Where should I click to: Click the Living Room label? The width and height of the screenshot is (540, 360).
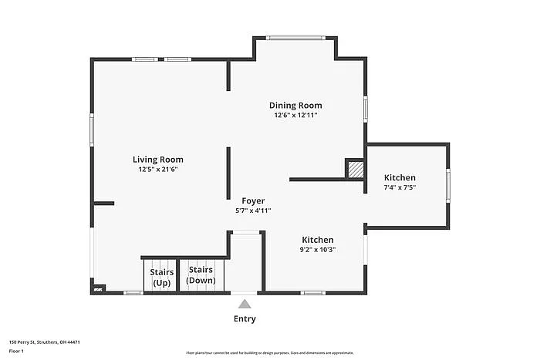coord(157,160)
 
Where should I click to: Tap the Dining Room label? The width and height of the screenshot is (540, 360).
coord(295,106)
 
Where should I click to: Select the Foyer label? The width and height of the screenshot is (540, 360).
coord(253,200)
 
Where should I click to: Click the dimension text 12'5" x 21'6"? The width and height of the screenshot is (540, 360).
coord(157,170)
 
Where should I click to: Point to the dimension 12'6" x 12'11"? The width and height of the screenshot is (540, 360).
coord(295,116)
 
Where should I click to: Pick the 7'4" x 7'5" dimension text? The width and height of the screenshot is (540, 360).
coord(400,187)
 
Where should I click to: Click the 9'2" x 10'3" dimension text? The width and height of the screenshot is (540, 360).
coord(318,249)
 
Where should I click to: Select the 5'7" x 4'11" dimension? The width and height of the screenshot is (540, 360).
coord(253,210)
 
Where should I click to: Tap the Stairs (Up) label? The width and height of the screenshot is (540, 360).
coord(161,277)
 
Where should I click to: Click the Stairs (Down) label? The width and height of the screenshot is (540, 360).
coord(201,275)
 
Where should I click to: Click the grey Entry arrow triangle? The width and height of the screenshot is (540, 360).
coord(245,304)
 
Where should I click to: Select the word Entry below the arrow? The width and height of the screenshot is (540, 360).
coord(245,318)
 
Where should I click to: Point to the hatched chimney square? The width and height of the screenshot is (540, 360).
coord(355,169)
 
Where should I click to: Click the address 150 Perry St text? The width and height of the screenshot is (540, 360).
coord(45,341)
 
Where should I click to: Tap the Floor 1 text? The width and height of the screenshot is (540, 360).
coord(17,352)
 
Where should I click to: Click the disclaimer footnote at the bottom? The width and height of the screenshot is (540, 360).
coord(269,352)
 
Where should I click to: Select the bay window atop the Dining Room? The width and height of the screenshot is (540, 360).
coord(295,38)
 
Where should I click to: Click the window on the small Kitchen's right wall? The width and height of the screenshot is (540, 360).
coord(447,186)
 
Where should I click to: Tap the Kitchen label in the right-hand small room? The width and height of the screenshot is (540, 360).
coord(400,177)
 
